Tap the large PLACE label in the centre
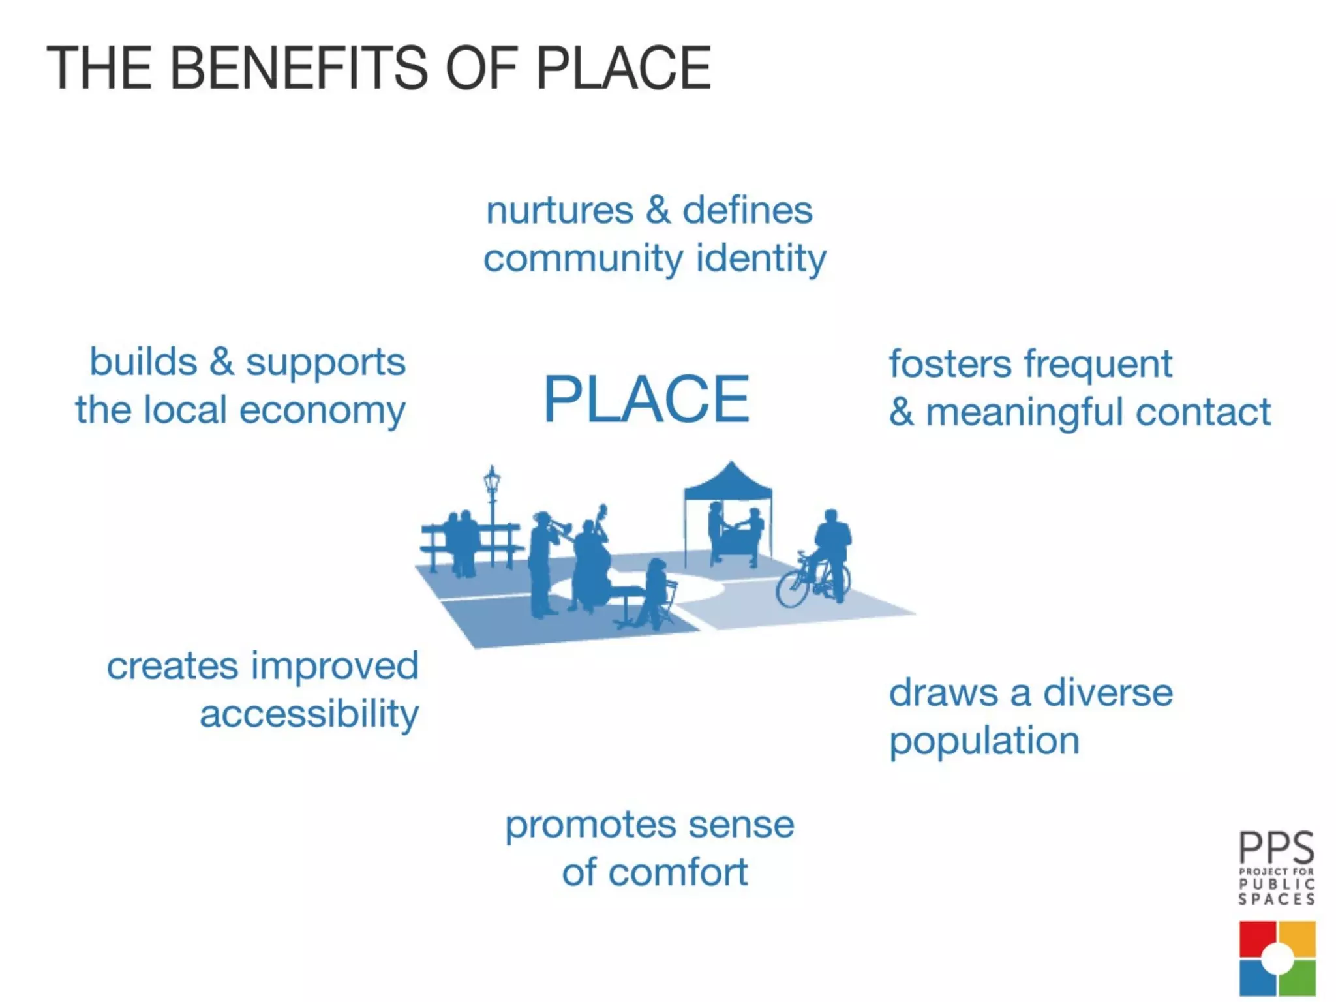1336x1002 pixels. click(x=646, y=399)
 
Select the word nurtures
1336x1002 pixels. click(x=560, y=211)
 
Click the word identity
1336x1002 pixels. click(x=761, y=258)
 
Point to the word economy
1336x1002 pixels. click(x=322, y=411)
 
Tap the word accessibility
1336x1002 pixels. click(x=309, y=714)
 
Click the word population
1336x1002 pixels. click(x=984, y=742)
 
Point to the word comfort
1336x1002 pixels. click(x=678, y=872)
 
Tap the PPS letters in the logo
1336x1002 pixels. click(x=1276, y=847)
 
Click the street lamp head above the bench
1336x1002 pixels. click(x=492, y=479)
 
